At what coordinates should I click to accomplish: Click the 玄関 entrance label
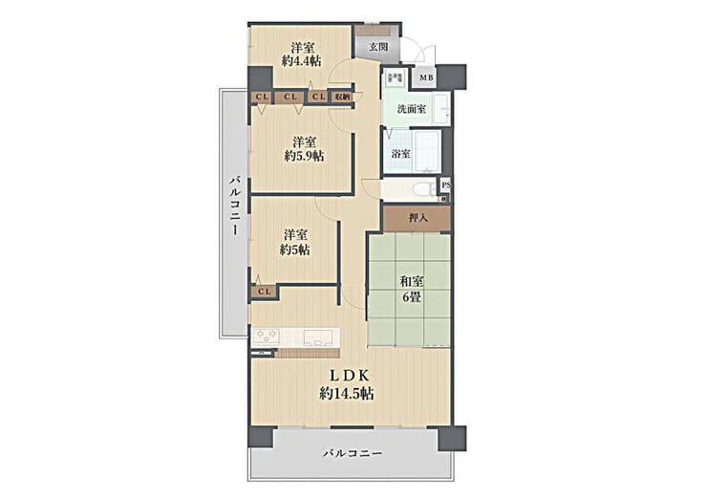(x=377, y=47)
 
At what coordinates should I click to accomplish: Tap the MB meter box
(x=426, y=77)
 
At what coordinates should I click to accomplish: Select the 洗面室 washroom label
(x=411, y=109)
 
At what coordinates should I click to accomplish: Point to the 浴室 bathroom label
(x=401, y=153)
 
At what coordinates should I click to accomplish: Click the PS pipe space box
(x=445, y=185)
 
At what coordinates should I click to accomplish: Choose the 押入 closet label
(x=418, y=218)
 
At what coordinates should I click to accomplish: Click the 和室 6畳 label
(x=411, y=290)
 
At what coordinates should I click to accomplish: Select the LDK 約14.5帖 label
(x=346, y=384)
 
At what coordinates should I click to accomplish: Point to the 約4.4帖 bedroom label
(x=302, y=54)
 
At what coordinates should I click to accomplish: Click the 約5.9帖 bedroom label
(x=304, y=149)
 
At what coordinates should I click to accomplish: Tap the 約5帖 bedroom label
(x=295, y=242)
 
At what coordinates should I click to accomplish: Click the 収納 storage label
(x=341, y=97)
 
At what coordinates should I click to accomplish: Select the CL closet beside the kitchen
(x=265, y=292)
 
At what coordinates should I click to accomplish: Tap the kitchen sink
(x=319, y=337)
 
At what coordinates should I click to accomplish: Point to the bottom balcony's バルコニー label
(x=353, y=453)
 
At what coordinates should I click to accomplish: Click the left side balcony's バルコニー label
(x=235, y=206)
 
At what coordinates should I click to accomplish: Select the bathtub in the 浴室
(x=426, y=152)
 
